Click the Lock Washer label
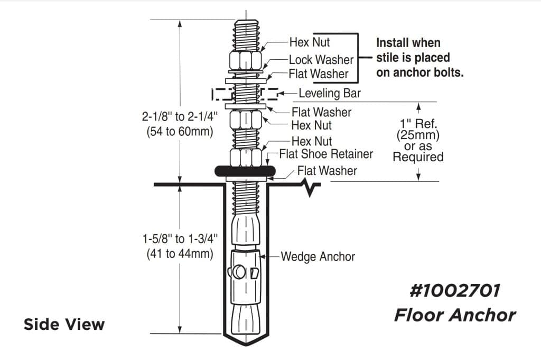pyautogui.click(x=321, y=60)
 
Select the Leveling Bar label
pyautogui.click(x=330, y=94)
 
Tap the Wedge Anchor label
pyautogui.click(x=318, y=256)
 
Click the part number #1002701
pyautogui.click(x=454, y=291)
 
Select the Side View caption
pyautogui.click(x=64, y=324)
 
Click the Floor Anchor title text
pyautogui.click(x=455, y=315)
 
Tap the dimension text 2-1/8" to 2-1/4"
pyautogui.click(x=180, y=117)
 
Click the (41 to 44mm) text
pyautogui.click(x=180, y=253)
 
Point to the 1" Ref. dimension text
pyautogui.click(x=418, y=124)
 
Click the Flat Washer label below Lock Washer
pyautogui.click(x=319, y=73)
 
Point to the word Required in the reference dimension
pyautogui.click(x=418, y=157)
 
